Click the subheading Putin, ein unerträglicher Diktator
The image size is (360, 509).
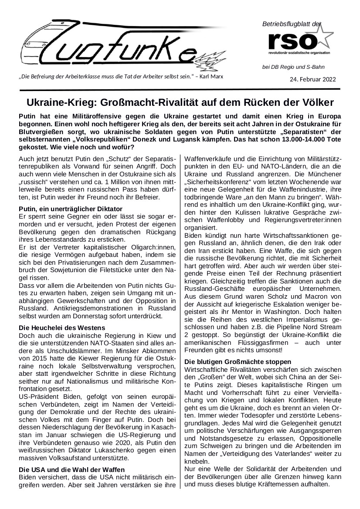pyautogui.click(x=71, y=209)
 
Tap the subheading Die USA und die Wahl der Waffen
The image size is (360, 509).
pyautogui.click(x=72, y=469)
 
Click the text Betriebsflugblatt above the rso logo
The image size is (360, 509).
pyautogui.click(x=285, y=23)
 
